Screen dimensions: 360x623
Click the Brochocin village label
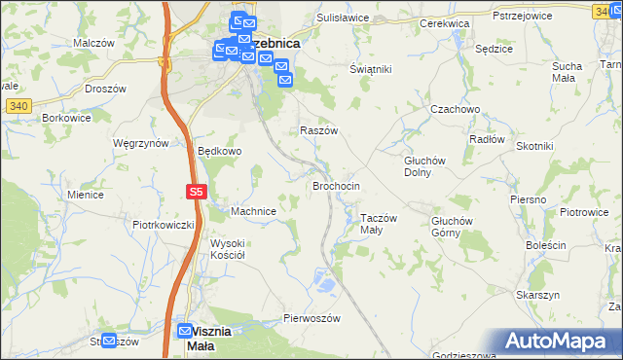click(x=336, y=185)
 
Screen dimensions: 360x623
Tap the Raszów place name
click(x=318, y=130)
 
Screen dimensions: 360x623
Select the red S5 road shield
click(x=196, y=193)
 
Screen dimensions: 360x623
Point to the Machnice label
click(x=254, y=211)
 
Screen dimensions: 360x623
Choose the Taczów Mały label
click(x=379, y=224)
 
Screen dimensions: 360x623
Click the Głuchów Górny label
click(x=452, y=226)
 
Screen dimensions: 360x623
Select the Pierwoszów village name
click(x=310, y=318)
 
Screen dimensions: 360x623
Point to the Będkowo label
click(x=219, y=152)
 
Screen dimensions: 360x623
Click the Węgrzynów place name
click(x=141, y=142)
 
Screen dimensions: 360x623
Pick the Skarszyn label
click(x=537, y=295)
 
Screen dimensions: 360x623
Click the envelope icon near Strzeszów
click(x=108, y=341)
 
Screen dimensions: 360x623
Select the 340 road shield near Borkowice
click(x=12, y=104)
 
